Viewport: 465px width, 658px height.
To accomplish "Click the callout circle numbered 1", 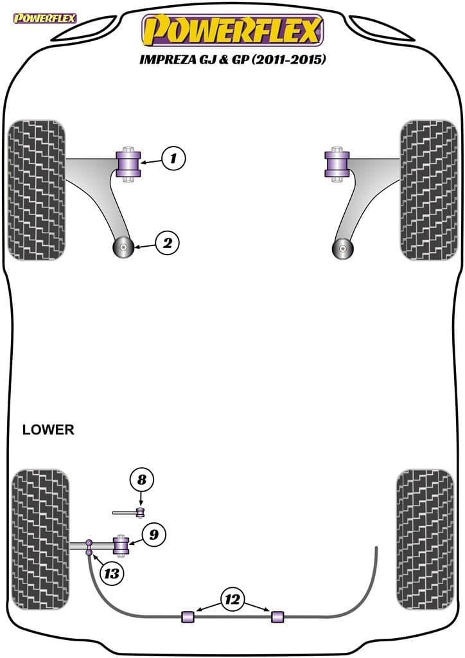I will (173, 157).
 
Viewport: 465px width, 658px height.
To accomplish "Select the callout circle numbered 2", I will (167, 243).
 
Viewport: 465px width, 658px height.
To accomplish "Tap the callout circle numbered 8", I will (142, 479).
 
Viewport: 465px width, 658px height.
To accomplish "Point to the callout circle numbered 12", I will (233, 601).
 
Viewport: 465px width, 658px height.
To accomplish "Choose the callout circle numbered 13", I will (112, 573).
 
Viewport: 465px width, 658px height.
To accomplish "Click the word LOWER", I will (48, 430).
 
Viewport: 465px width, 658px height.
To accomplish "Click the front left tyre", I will (37, 190).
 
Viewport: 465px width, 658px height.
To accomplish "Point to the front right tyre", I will (428, 190).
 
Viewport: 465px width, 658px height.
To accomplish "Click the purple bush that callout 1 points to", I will (130, 165).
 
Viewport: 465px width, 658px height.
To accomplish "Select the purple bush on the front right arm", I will (337, 164).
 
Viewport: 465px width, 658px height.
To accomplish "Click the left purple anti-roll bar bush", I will (189, 616).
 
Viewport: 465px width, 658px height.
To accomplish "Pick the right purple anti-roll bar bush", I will (277, 616).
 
